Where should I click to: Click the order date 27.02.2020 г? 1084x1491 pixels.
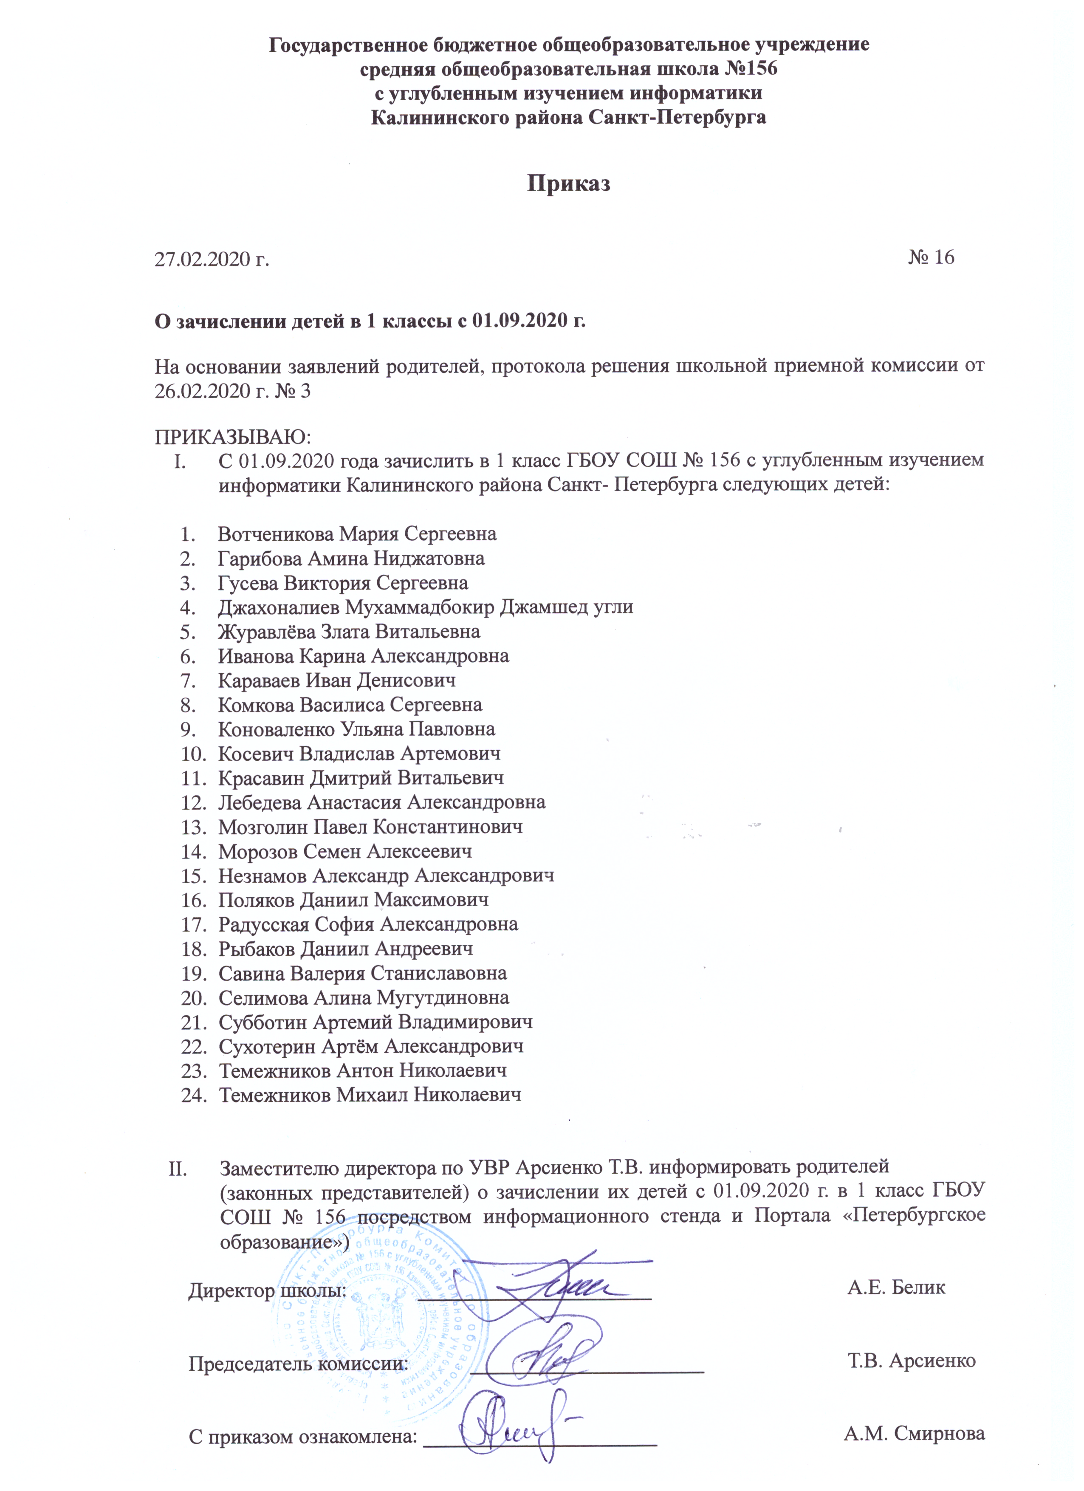[x=212, y=259]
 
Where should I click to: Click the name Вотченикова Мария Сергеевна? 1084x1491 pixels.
[x=357, y=534]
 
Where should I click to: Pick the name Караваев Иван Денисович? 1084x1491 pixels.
[x=336, y=681]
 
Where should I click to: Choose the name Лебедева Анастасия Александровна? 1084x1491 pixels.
[x=381, y=803]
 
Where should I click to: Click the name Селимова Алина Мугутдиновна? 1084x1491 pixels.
[x=364, y=998]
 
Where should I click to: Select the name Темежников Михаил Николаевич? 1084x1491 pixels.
[x=370, y=1095]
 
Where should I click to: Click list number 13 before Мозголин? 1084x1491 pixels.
[x=194, y=827]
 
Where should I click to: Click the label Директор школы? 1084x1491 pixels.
[x=268, y=1291]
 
